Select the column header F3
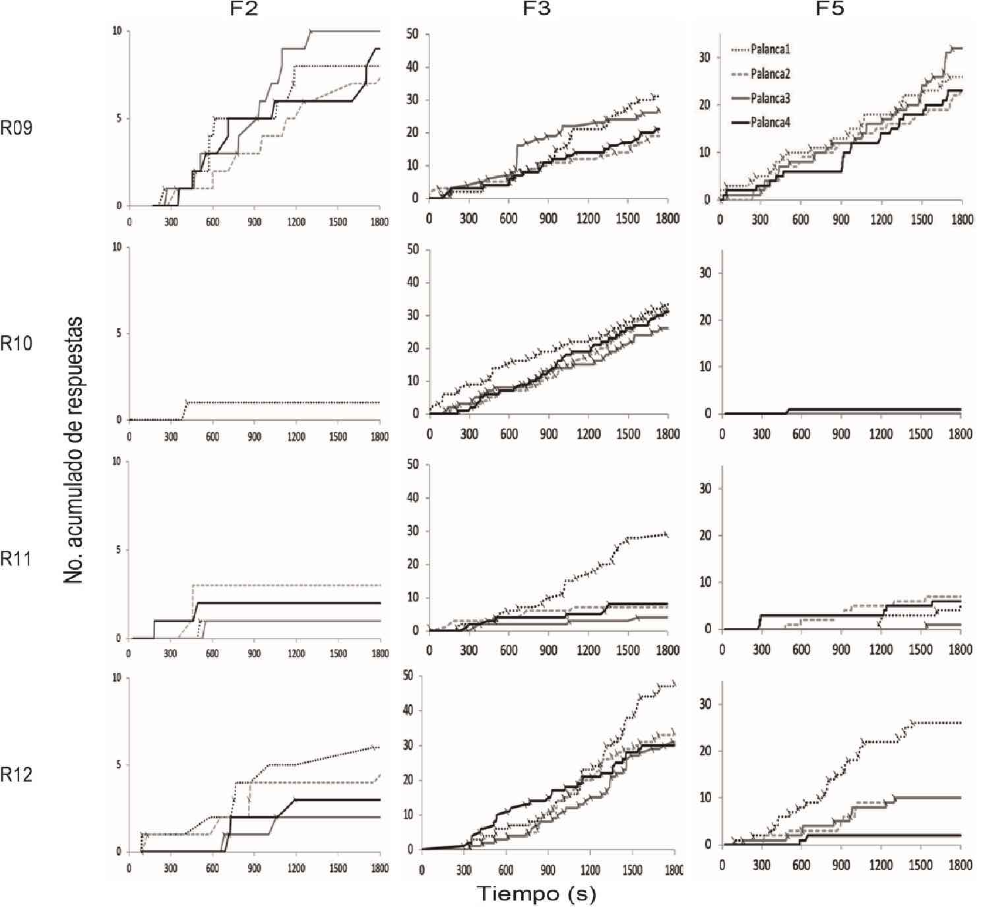click(538, 9)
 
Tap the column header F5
click(829, 9)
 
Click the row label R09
click(16, 127)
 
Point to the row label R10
click(16, 343)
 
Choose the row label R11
click(16, 559)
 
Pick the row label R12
click(16, 774)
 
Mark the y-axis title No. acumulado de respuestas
click(74, 451)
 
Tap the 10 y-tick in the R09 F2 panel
click(117, 31)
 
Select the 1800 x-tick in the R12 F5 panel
click(959, 865)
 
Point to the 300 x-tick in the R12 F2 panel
click(170, 868)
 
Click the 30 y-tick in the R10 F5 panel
click(705, 272)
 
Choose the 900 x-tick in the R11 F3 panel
click(548, 650)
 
